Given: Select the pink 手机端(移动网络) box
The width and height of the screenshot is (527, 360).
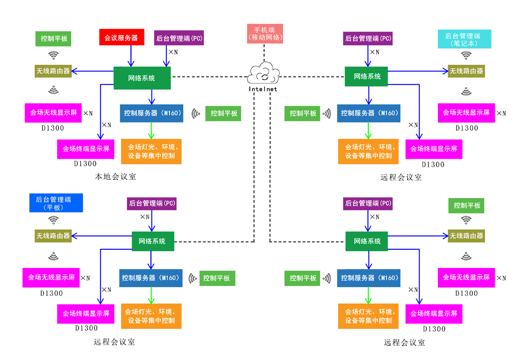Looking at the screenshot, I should click(264, 33).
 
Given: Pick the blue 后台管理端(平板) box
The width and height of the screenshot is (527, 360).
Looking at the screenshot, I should click(53, 203).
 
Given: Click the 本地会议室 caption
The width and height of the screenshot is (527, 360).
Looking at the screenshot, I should click(115, 177).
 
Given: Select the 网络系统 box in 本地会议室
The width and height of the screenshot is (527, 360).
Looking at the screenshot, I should click(142, 78).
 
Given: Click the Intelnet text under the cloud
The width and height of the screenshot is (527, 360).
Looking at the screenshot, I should click(263, 89).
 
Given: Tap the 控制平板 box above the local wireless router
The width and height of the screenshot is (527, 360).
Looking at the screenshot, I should click(53, 39).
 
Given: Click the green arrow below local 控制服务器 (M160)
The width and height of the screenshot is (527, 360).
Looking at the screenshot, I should click(151, 130).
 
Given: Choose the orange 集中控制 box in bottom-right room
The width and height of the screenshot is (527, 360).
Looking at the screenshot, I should click(368, 316).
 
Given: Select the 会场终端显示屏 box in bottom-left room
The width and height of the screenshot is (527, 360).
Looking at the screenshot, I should click(86, 314).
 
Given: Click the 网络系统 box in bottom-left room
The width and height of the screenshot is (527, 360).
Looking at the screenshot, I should click(153, 241).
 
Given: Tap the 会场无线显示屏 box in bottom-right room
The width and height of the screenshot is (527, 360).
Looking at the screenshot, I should click(466, 278).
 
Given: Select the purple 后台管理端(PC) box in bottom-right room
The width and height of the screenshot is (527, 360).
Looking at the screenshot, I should click(368, 203).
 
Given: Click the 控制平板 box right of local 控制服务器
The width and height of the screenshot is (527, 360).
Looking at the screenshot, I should click(224, 114).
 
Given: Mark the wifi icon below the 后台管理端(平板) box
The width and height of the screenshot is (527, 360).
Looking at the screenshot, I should click(53, 220).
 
